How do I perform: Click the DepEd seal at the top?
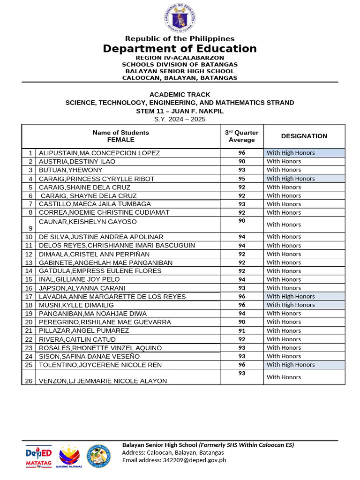[x=180, y=18]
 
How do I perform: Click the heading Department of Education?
[x=180, y=49]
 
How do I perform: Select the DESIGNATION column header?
[x=304, y=136]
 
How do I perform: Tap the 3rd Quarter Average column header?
[x=241, y=136]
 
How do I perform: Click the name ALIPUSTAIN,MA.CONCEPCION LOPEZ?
[x=99, y=153]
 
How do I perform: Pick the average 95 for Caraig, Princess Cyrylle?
[x=241, y=179]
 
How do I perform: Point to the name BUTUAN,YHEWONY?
[x=70, y=170]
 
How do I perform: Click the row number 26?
[x=29, y=381]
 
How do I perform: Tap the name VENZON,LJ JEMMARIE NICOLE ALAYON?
[x=103, y=381]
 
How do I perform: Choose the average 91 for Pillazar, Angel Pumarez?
[x=241, y=330]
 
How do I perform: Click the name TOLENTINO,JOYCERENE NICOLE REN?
[x=100, y=365]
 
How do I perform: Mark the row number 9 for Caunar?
[x=30, y=228]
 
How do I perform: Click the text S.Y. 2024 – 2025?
[x=180, y=120]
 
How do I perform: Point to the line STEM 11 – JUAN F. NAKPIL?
[x=180, y=111]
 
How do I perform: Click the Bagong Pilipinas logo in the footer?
[x=69, y=456]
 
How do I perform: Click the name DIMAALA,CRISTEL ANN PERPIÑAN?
[x=98, y=254]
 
